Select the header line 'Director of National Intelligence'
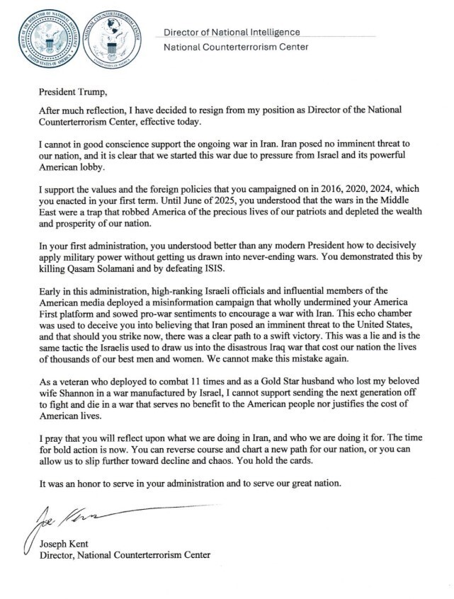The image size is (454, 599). [x=232, y=33]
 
